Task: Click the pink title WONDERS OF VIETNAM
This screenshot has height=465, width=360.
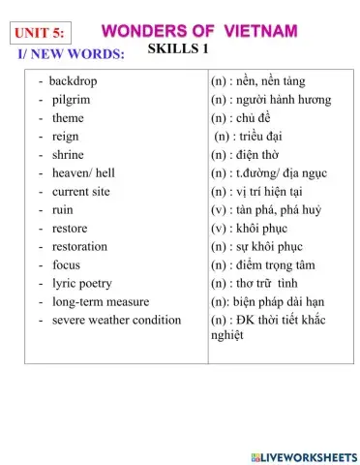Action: point(198,30)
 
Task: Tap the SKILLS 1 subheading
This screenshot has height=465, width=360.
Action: point(179,49)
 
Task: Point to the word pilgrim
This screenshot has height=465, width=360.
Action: point(72,99)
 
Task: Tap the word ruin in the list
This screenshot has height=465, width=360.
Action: point(63,209)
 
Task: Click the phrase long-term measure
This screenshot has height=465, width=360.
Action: point(100,301)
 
